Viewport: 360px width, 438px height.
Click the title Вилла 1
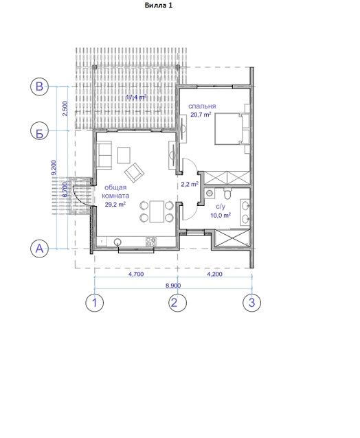click(x=159, y=5)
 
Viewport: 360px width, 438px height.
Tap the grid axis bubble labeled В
click(x=39, y=87)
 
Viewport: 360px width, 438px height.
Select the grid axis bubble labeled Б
click(x=39, y=130)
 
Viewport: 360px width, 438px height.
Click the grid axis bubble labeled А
click(x=39, y=249)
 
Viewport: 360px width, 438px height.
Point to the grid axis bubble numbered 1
click(x=95, y=303)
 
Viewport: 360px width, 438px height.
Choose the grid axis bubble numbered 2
click(x=178, y=303)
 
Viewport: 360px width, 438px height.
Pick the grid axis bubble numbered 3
click(x=252, y=303)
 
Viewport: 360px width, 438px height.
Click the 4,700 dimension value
click(x=136, y=274)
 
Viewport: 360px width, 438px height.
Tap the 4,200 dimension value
click(x=214, y=274)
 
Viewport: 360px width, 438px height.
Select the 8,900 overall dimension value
click(x=173, y=286)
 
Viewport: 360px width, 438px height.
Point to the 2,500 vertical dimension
click(x=65, y=109)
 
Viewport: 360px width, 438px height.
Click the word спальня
click(x=202, y=106)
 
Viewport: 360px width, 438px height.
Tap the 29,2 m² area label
click(x=115, y=204)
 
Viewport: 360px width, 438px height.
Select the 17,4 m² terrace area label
click(x=137, y=97)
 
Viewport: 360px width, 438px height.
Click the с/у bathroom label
click(x=221, y=207)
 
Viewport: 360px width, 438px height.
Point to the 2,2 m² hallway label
click(x=190, y=184)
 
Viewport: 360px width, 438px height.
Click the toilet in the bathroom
click(x=227, y=193)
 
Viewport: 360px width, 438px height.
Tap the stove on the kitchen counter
click(x=151, y=242)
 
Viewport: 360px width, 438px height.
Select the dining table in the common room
click(x=157, y=211)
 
